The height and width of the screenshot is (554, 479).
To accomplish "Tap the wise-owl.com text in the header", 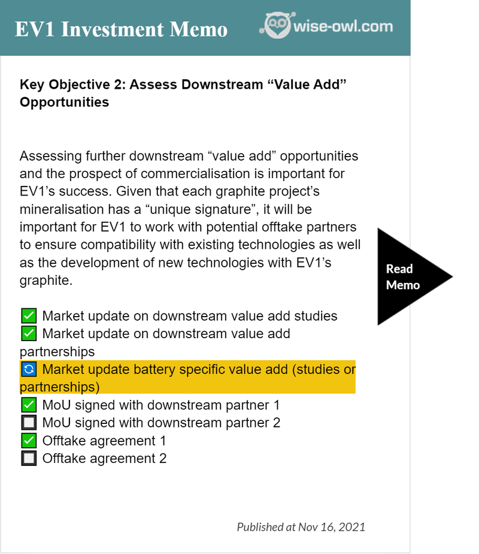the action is pyautogui.click(x=343, y=26).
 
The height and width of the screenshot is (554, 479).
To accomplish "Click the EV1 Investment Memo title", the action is pyautogui.click(x=121, y=29).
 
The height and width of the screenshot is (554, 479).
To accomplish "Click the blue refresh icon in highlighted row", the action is pyautogui.click(x=29, y=369).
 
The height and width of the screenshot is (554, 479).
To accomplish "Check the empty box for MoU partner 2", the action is pyautogui.click(x=29, y=423).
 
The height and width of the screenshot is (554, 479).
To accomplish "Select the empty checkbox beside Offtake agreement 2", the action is pyautogui.click(x=29, y=458).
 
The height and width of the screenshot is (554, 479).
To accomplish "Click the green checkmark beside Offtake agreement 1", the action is pyautogui.click(x=29, y=441).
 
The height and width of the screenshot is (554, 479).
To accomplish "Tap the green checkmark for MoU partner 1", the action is pyautogui.click(x=29, y=405).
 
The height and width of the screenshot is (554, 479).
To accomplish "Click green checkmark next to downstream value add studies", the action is pyautogui.click(x=29, y=316).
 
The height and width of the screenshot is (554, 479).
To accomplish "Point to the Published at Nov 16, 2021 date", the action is pyautogui.click(x=301, y=527).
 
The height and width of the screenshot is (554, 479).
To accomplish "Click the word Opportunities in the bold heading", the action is pyautogui.click(x=64, y=103).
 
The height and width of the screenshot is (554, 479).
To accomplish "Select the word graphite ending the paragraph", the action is pyautogui.click(x=46, y=281).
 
